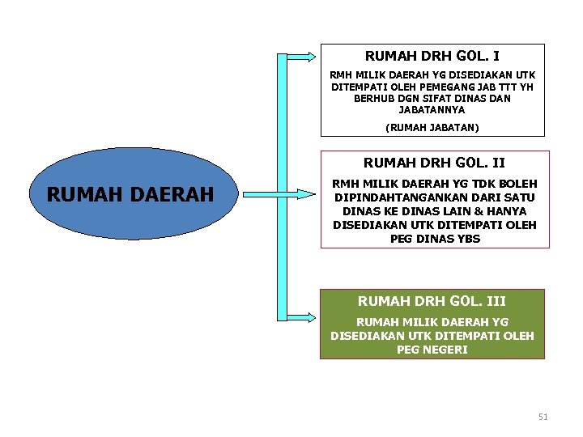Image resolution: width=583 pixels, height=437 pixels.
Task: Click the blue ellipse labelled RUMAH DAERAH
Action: click(130, 194)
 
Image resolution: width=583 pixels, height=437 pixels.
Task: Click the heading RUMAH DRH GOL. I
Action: click(432, 57)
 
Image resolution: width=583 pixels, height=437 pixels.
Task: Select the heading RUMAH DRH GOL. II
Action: click(434, 163)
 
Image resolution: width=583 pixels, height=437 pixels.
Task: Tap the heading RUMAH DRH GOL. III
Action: click(432, 301)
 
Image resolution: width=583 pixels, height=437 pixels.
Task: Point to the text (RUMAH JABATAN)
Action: click(432, 127)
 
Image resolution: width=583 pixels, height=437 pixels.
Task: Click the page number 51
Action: click(543, 417)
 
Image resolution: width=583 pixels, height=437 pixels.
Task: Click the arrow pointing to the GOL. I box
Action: click(301, 57)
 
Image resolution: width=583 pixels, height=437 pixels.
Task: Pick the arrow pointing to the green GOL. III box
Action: click(301, 316)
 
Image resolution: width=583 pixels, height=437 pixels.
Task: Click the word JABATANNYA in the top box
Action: click(432, 109)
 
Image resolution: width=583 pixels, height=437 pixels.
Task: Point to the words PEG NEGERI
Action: click(432, 350)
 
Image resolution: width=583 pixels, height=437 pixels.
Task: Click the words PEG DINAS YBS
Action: click(435, 239)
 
